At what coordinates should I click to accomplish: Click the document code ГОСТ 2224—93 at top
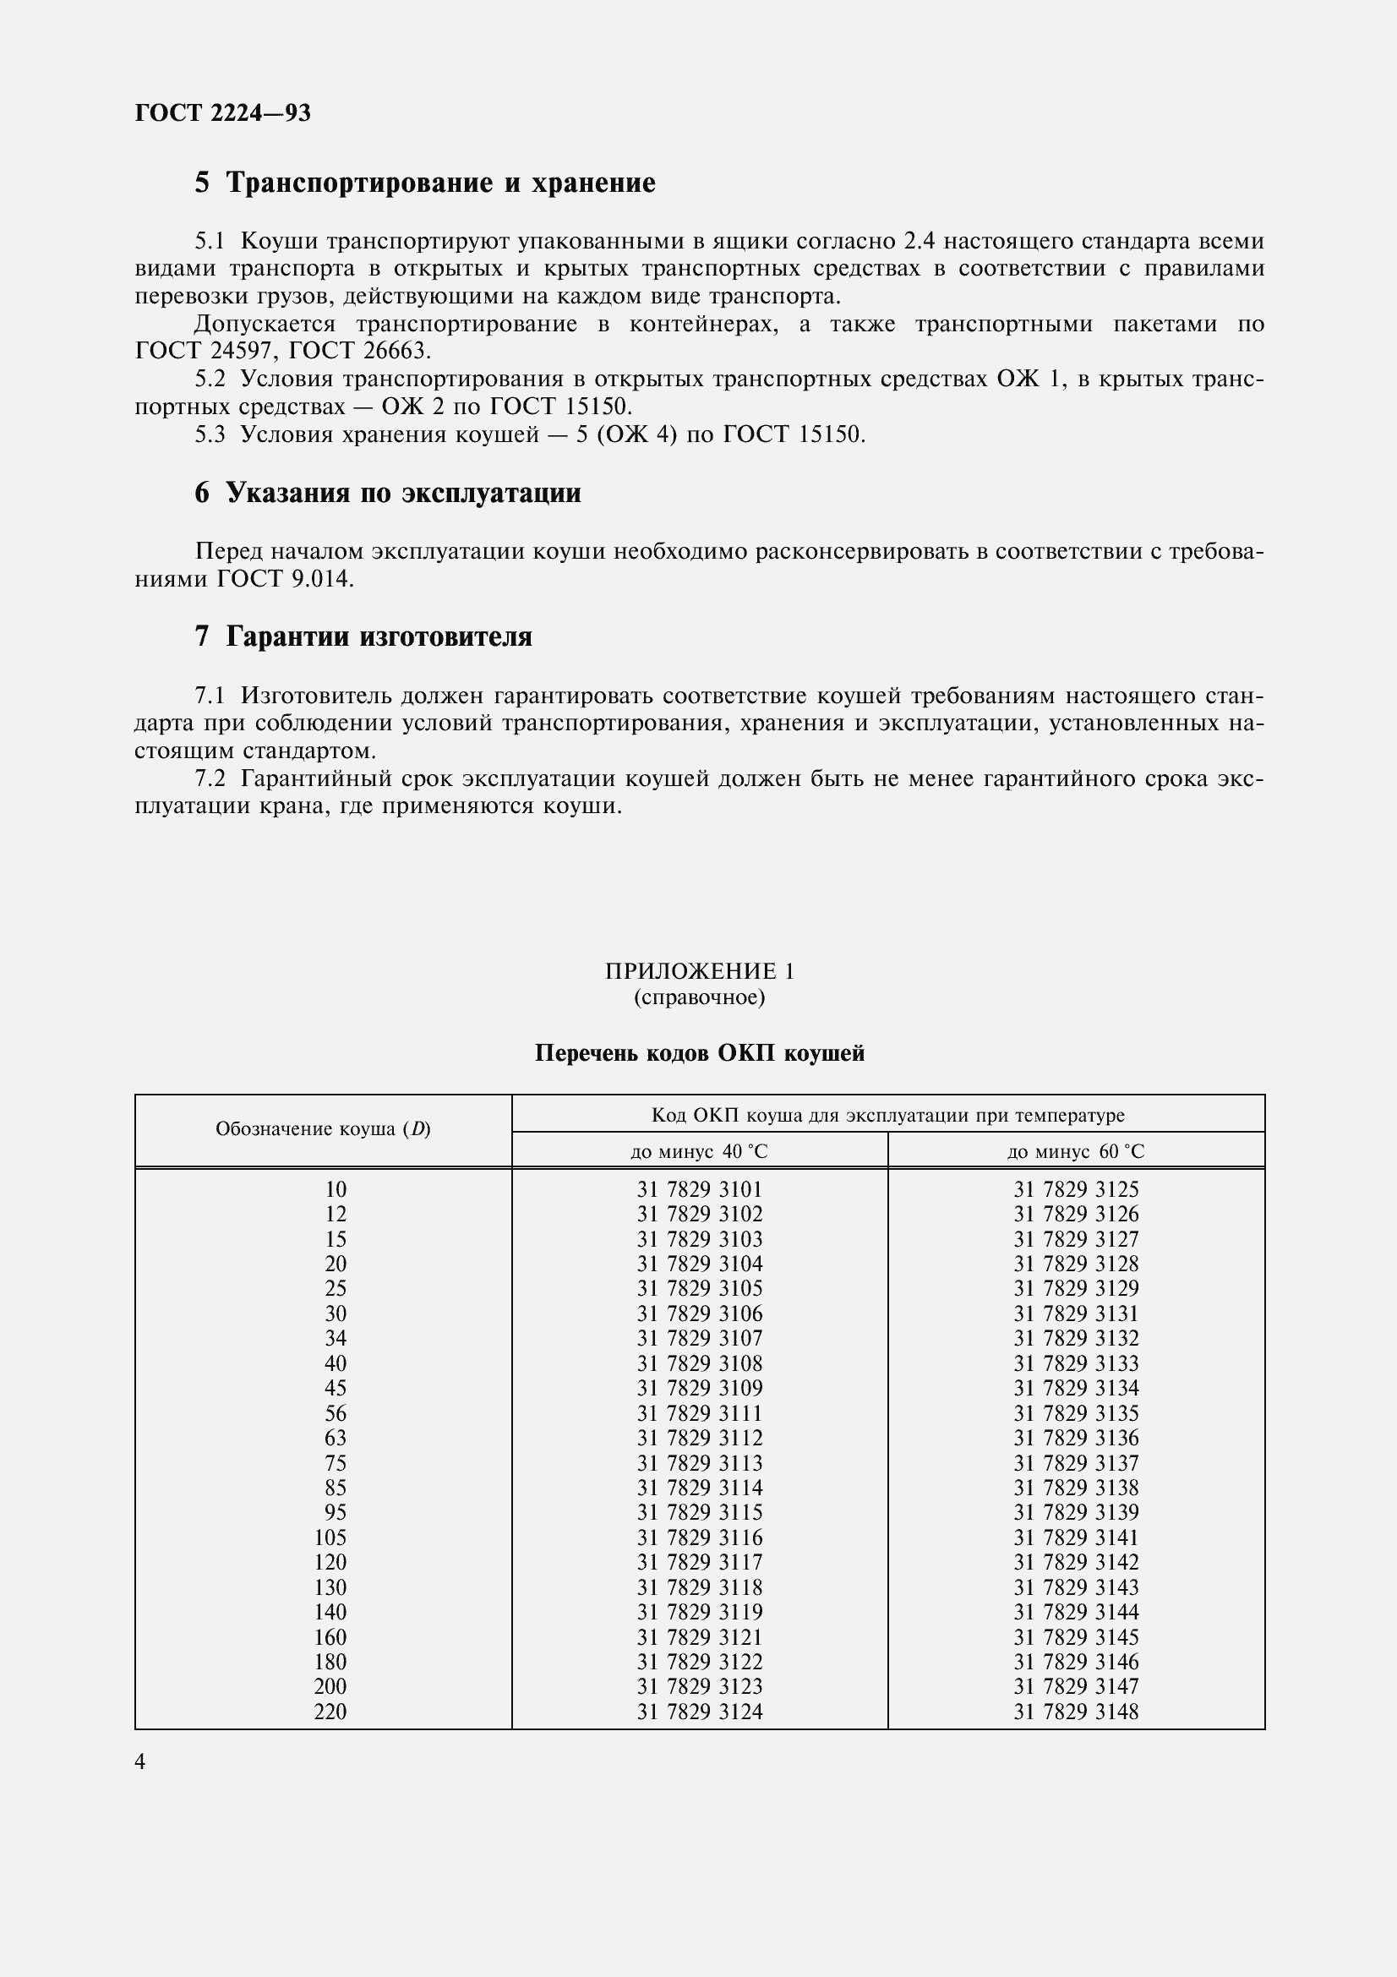coord(222,112)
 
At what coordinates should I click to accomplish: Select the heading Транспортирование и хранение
coord(439,183)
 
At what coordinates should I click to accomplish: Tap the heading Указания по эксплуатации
coord(403,493)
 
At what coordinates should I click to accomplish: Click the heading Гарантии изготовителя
coord(379,636)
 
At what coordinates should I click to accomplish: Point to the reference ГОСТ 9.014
coord(284,579)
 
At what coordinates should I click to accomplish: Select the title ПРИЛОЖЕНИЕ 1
coord(699,971)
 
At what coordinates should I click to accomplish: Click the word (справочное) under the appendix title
coord(699,997)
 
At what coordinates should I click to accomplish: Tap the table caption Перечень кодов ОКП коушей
coord(699,1053)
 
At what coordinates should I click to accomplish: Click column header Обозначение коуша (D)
coord(323,1129)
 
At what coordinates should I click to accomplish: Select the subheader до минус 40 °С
coord(699,1151)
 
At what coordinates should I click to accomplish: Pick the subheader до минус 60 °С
coord(1075,1151)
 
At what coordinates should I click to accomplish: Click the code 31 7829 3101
coord(699,1189)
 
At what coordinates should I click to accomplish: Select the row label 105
coord(330,1537)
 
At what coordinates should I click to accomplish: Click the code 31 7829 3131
coord(1075,1314)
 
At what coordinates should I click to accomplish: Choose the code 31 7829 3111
coord(699,1413)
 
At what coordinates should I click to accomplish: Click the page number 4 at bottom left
coord(140,1761)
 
